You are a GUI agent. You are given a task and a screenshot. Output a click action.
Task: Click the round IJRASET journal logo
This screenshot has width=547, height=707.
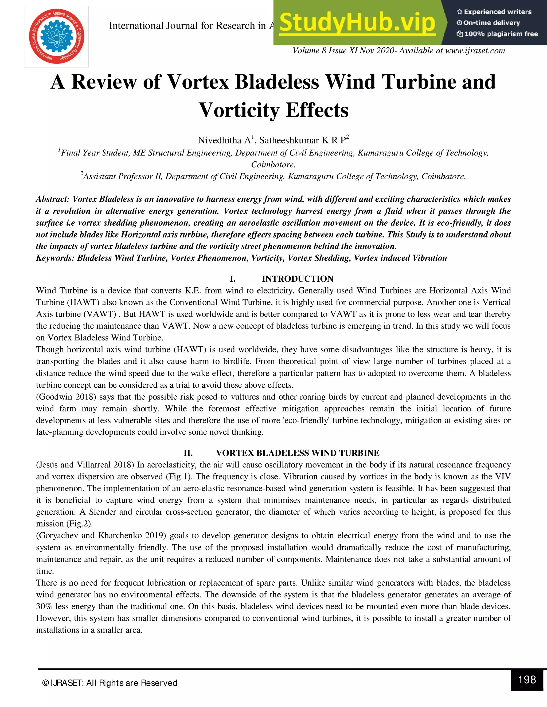tap(56, 36)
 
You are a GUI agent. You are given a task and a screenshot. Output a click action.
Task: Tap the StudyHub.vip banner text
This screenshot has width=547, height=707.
tap(357, 23)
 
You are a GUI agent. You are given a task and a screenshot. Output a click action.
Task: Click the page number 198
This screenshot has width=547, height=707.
tap(527, 680)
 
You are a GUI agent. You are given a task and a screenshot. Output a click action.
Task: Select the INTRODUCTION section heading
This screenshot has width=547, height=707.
tap(298, 279)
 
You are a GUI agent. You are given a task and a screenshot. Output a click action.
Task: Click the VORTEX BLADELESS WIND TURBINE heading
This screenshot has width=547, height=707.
tap(298, 453)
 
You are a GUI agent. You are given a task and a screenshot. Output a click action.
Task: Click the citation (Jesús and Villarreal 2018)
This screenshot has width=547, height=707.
tap(85, 465)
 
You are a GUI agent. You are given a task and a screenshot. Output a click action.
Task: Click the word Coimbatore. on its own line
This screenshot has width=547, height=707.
tap(273, 164)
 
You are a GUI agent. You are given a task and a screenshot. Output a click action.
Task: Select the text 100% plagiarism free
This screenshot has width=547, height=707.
tap(501, 34)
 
